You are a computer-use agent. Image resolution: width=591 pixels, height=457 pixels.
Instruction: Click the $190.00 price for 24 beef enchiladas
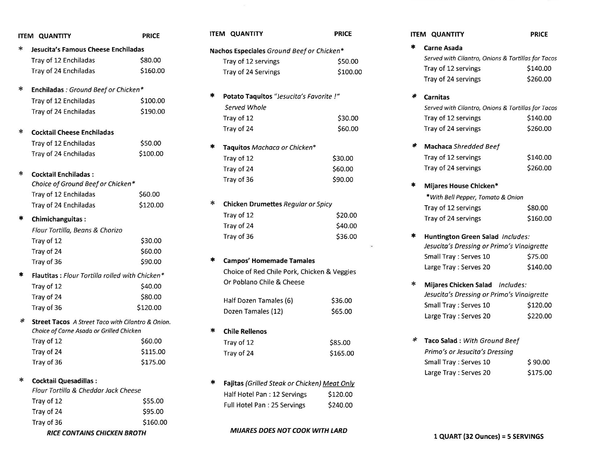152,111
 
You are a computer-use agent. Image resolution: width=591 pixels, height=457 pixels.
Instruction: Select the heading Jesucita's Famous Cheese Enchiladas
87,50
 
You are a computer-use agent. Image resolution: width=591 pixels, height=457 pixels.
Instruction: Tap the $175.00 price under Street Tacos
153,362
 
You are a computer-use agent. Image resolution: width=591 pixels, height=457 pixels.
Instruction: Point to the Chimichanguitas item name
58,219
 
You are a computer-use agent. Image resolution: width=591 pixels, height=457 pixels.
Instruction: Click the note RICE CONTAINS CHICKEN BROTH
96,433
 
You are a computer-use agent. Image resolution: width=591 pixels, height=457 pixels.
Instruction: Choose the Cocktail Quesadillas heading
64,381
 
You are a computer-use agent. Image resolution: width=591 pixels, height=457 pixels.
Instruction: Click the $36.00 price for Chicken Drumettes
346,237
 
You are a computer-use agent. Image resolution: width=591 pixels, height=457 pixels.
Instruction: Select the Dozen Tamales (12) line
253,311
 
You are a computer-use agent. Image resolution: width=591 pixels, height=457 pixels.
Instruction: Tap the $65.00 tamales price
341,311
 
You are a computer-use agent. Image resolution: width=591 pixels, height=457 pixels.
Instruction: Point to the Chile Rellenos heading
245,331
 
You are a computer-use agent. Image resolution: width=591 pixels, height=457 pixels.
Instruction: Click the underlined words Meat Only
338,383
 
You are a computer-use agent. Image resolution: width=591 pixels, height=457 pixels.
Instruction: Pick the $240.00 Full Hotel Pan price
340,405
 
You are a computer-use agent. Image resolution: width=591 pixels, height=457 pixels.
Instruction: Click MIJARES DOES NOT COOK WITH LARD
288,431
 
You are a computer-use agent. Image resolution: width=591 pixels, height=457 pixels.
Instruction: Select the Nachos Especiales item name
237,51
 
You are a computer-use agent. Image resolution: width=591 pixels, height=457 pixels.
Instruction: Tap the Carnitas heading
436,97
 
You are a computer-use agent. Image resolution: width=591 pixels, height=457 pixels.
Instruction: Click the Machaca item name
438,147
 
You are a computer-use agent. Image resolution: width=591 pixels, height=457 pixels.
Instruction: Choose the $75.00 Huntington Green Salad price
537,257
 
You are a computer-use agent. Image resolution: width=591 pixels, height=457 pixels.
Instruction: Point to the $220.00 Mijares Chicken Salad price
539,316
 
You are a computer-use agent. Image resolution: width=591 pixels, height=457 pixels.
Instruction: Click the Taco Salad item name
440,341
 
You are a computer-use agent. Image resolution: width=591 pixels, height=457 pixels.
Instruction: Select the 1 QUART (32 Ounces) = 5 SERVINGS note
488,436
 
